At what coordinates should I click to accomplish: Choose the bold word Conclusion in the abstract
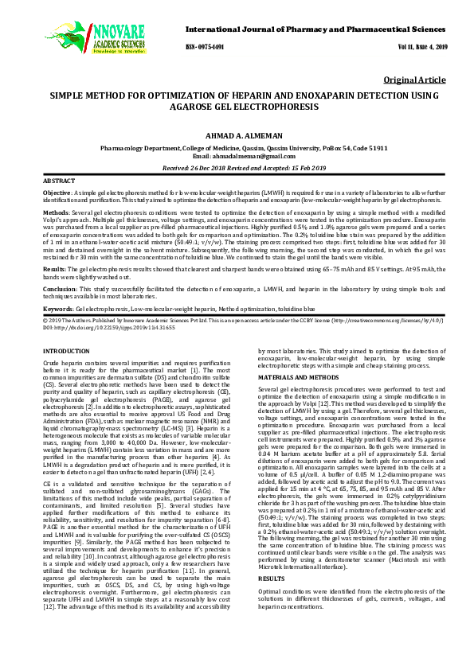[x=60, y=290]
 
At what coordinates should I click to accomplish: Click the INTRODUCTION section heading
[x=65, y=351]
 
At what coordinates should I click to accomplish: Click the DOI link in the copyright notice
[x=93, y=328]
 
